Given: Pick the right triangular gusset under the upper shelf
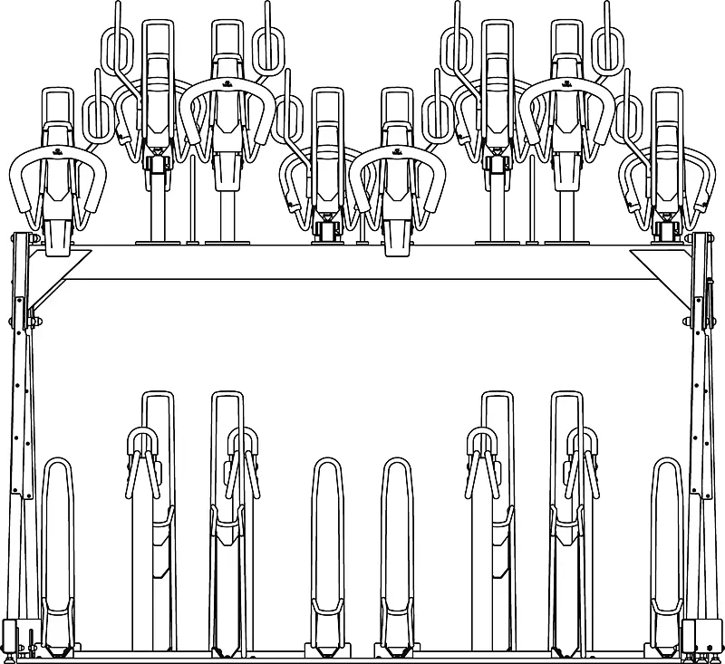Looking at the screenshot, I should click(x=666, y=263).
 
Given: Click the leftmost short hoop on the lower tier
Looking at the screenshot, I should click(x=57, y=544).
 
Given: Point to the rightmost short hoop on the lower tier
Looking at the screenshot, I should click(x=668, y=544).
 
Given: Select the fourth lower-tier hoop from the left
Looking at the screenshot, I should click(x=328, y=544).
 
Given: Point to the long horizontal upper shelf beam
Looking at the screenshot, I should click(x=362, y=262).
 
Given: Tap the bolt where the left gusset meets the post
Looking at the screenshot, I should click(x=34, y=321).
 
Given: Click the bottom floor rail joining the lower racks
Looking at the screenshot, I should click(x=362, y=654).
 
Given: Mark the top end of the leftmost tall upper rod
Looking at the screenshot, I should click(x=117, y=7).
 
